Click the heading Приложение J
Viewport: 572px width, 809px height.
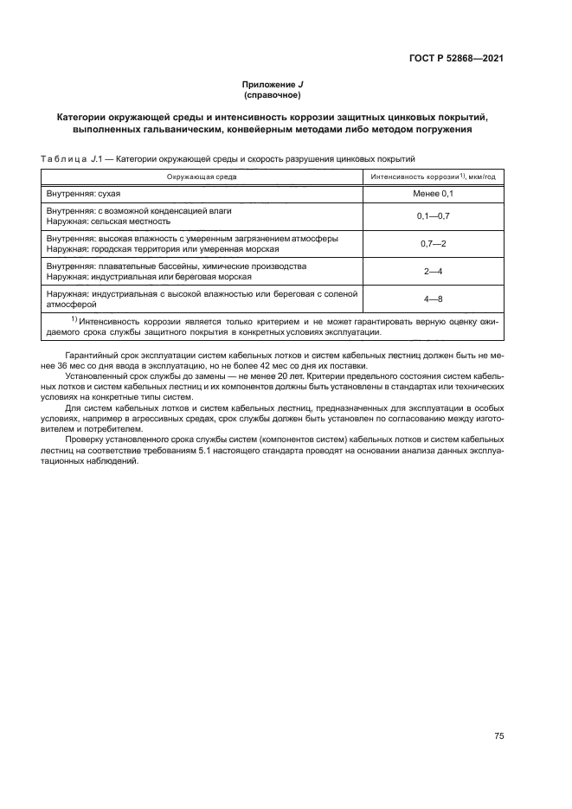click(272, 84)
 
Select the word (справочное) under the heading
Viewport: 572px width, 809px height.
click(272, 94)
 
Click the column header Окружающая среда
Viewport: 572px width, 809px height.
click(202, 177)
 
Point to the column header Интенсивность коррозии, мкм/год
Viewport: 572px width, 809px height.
click(432, 177)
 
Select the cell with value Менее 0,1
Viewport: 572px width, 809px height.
click(432, 195)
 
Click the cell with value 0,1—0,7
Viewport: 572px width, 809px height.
click(432, 215)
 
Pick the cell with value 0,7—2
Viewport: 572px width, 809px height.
click(432, 243)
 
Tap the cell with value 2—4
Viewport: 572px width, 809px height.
click(432, 271)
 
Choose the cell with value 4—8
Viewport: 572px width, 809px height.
click(432, 299)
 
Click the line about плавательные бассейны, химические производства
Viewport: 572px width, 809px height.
click(176, 266)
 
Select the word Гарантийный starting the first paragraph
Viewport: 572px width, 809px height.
click(92, 356)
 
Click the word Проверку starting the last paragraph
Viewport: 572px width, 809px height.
click(85, 440)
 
